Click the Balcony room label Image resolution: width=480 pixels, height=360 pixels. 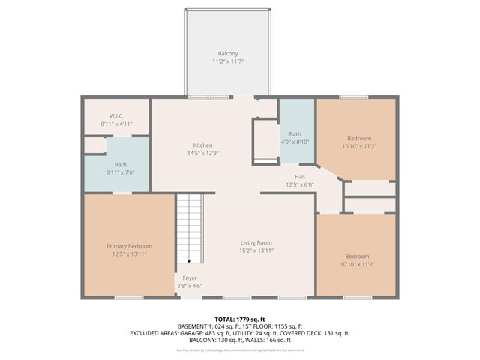coord(228,53)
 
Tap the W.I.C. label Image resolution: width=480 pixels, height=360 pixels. coord(116,115)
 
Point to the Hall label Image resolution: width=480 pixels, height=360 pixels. coord(299,177)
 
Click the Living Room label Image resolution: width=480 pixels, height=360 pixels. coord(256,242)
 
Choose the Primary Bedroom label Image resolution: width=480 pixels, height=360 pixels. coord(129,246)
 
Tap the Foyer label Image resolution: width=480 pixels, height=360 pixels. coord(191,277)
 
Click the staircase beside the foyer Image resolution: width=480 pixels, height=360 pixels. coord(190,225)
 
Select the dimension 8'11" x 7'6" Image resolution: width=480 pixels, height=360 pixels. coord(120,172)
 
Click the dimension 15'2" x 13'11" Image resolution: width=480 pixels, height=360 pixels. coord(256,250)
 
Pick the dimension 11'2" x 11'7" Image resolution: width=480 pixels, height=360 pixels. coord(228,61)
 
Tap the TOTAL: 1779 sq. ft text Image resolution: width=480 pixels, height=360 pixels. coord(240,319)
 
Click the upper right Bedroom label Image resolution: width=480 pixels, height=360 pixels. coord(358,138)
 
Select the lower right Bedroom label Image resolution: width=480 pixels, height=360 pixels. coord(355,256)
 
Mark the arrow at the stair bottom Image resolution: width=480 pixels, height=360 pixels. coord(189,260)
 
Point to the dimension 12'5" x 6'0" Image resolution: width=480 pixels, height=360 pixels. coord(299,184)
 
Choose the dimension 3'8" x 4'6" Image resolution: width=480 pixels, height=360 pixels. coord(191,285)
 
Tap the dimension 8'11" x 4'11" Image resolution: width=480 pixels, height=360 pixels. coord(116,123)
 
